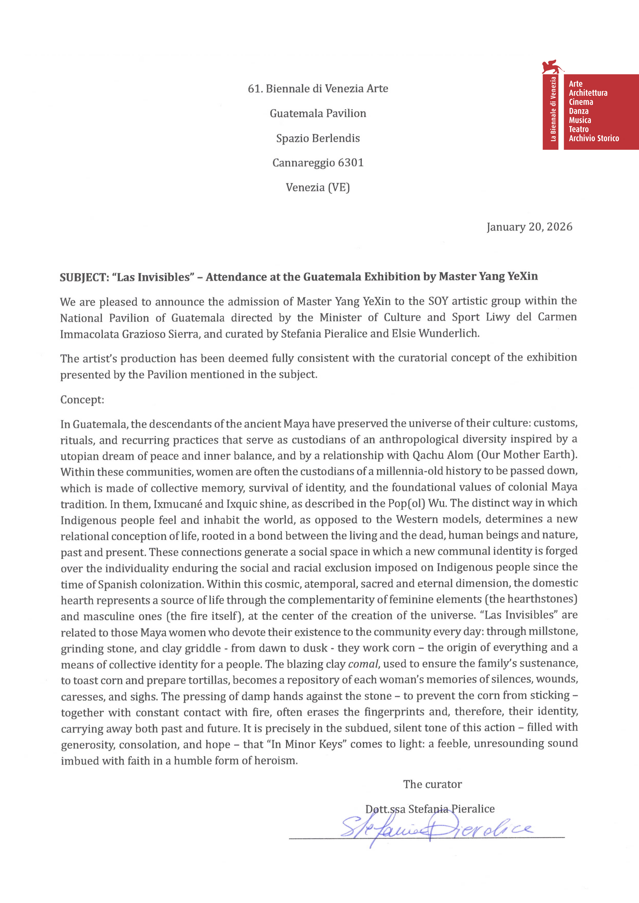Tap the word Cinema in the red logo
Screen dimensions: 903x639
tap(581, 102)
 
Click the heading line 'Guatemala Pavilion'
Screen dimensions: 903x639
tap(318, 113)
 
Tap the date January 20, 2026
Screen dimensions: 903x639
tap(529, 227)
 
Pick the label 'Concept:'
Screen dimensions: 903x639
tap(82, 400)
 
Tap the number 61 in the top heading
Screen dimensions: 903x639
tap(253, 89)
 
